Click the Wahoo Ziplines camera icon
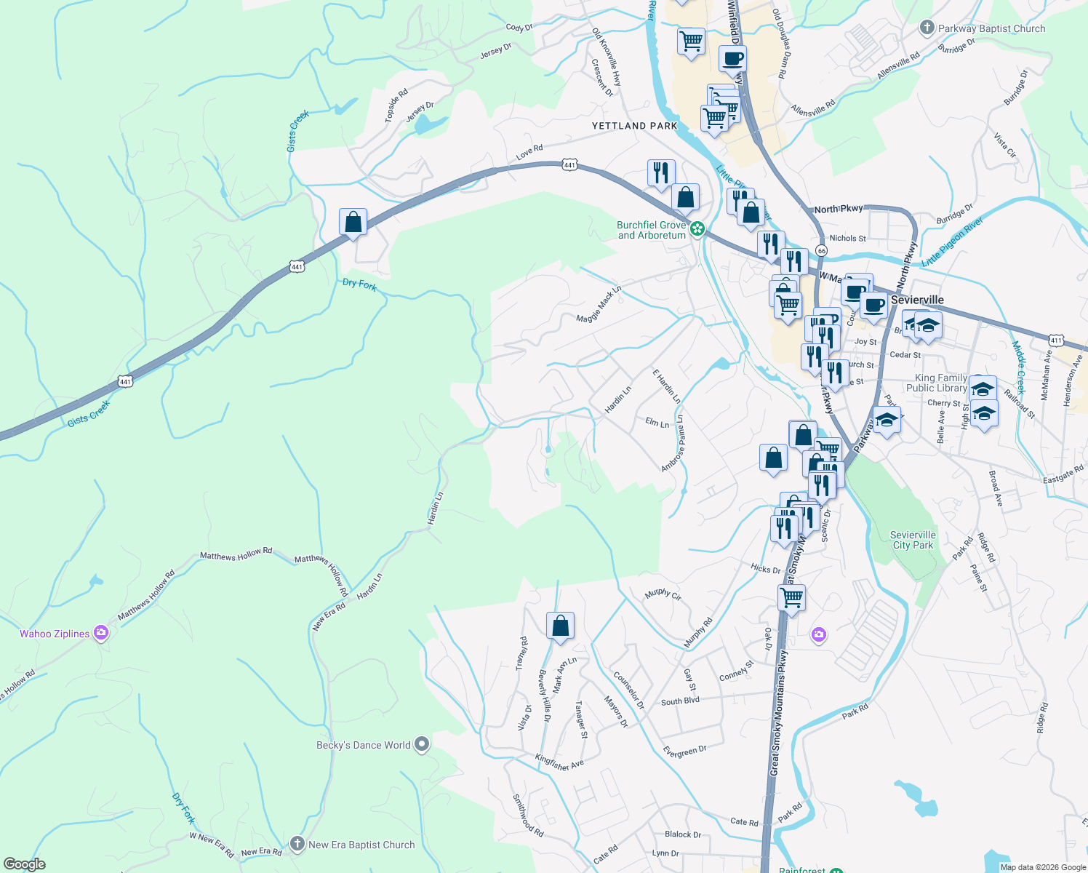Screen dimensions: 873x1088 [101, 633]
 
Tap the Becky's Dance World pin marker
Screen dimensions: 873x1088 [422, 745]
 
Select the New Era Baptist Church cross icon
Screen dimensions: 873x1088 [297, 844]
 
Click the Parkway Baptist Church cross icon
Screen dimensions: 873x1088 [927, 28]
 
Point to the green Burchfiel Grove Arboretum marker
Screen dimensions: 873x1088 [697, 229]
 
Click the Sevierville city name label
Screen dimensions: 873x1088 [917, 300]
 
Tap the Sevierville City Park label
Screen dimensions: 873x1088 [913, 540]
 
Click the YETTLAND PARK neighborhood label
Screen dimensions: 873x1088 [634, 126]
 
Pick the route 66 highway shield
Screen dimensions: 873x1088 [821, 250]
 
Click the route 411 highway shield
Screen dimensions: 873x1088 [1056, 340]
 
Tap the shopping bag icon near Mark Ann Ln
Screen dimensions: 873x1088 [560, 626]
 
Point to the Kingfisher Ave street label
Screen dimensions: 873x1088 [559, 762]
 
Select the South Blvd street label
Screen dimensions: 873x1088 [680, 701]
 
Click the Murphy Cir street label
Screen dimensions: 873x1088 [663, 594]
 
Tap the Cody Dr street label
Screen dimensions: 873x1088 [519, 28]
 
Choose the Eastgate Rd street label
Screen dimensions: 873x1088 [1063, 474]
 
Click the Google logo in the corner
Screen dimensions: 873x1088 [25, 864]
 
